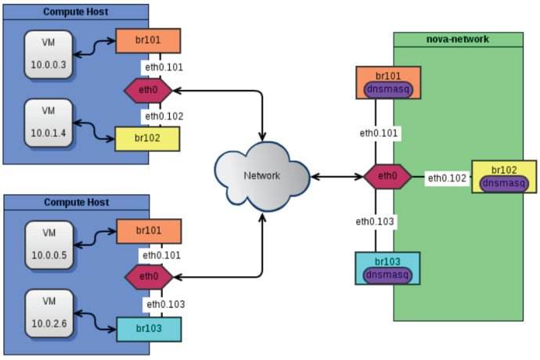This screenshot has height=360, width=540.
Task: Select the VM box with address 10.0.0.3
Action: click(x=49, y=55)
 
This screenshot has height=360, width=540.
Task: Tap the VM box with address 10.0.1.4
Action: click(x=49, y=121)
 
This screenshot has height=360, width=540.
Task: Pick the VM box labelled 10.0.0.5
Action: click(x=49, y=243)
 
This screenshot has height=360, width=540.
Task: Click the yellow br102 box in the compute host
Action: click(x=147, y=139)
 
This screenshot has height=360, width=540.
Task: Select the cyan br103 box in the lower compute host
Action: click(x=149, y=329)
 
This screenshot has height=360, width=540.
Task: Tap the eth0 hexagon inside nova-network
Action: click(x=387, y=176)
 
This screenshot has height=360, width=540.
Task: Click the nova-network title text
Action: click(x=457, y=39)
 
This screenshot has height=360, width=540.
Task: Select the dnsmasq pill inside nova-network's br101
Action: click(x=388, y=89)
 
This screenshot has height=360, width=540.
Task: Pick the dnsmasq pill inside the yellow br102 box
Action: click(x=503, y=183)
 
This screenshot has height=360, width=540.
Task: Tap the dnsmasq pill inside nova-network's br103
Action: click(x=387, y=275)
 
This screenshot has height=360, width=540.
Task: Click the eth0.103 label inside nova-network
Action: click(x=376, y=221)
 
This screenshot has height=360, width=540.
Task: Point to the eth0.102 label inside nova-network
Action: click(x=448, y=178)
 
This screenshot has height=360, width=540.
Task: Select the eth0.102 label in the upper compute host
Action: click(x=163, y=116)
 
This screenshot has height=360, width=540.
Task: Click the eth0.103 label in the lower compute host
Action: click(x=163, y=304)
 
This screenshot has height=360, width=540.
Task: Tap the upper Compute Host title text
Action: click(x=75, y=12)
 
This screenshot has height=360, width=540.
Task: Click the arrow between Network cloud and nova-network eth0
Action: click(x=337, y=176)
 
